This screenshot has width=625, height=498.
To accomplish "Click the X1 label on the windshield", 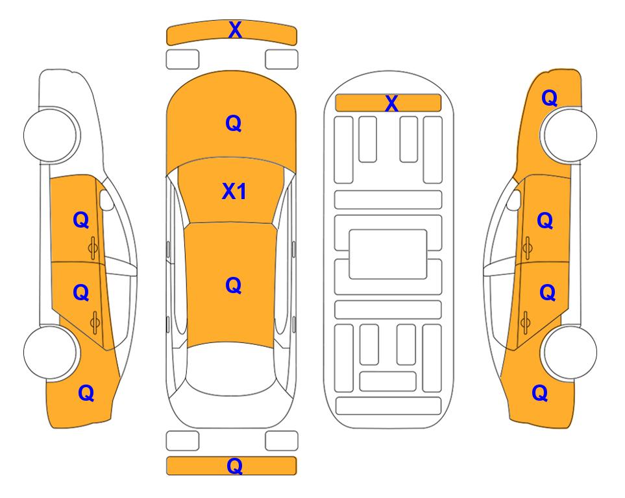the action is click(x=234, y=191).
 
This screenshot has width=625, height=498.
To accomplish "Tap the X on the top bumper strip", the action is click(x=235, y=30).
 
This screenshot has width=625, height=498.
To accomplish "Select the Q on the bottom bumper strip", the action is click(x=234, y=466).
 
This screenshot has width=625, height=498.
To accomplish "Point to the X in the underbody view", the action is click(x=391, y=103).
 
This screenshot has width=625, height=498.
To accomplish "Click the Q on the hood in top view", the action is click(x=234, y=123).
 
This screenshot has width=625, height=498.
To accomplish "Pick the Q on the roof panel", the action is click(x=234, y=285).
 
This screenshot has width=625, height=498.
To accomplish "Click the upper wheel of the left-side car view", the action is click(x=51, y=135).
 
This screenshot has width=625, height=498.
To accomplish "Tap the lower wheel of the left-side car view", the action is click(x=50, y=352).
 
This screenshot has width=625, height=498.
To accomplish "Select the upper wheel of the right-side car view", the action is click(x=569, y=135).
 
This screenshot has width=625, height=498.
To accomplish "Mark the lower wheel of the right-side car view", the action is click(x=569, y=352).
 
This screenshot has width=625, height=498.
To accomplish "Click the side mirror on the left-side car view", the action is click(x=106, y=200).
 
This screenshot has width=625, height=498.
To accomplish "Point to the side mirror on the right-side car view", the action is click(x=513, y=200).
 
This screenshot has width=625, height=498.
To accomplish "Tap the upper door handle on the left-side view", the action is click(x=93, y=248).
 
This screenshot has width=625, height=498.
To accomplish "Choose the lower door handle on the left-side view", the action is click(x=95, y=322).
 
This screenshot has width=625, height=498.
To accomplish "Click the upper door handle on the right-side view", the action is click(x=527, y=248).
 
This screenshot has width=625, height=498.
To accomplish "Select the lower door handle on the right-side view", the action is click(x=525, y=322).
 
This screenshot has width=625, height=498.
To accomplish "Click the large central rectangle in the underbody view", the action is click(x=388, y=254).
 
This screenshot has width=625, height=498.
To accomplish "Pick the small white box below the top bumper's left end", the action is click(x=182, y=60).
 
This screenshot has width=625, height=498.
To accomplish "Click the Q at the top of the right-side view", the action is click(x=549, y=98).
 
